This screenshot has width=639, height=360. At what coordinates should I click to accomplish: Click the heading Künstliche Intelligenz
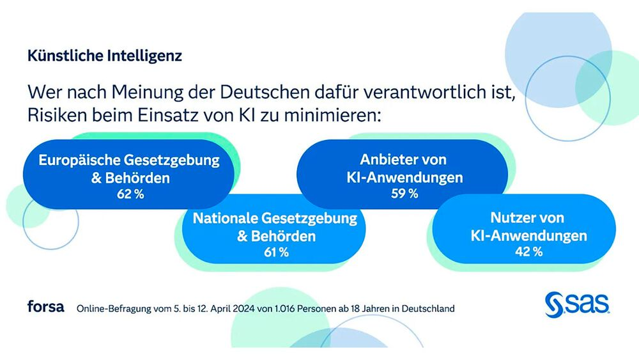[x=105, y=56]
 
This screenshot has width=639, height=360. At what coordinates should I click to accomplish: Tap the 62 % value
[x=130, y=194]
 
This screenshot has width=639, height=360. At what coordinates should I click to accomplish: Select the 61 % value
[x=276, y=253]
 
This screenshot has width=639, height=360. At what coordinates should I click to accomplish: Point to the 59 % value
[x=404, y=193]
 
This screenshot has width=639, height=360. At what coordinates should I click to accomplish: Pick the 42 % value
[x=529, y=251]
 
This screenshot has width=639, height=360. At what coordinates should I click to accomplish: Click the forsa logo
[x=45, y=306]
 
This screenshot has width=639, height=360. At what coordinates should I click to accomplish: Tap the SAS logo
[x=577, y=304]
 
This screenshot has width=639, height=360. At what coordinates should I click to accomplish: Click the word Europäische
[x=79, y=160]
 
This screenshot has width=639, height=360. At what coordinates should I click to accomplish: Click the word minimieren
[x=332, y=115]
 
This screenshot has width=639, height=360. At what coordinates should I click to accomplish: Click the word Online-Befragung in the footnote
[x=114, y=309]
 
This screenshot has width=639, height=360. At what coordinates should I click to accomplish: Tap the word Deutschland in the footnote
[x=428, y=309]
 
